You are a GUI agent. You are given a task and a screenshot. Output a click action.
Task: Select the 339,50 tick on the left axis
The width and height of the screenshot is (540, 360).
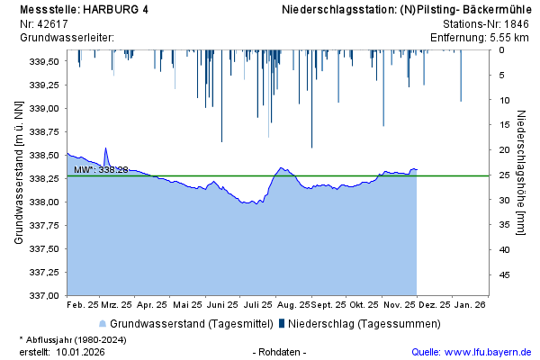pyautogui.click(x=44, y=62)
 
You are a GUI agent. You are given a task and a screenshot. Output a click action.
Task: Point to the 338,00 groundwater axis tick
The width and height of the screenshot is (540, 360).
pyautogui.click(x=44, y=202)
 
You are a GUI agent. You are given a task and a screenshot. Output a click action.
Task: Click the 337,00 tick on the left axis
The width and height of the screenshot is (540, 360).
pyautogui.click(x=44, y=295)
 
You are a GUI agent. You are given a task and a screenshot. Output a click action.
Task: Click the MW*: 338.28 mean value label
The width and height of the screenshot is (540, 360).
pyautogui.click(x=101, y=169)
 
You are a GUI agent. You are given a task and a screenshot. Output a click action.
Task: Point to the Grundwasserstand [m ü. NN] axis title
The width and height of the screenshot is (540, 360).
pyautogui.click(x=19, y=174)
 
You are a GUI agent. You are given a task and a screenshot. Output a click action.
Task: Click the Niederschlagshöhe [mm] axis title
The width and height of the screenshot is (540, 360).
pyautogui.click(x=521, y=174)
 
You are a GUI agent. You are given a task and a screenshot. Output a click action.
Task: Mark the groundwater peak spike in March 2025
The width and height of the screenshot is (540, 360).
pyautogui.click(x=105, y=148)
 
